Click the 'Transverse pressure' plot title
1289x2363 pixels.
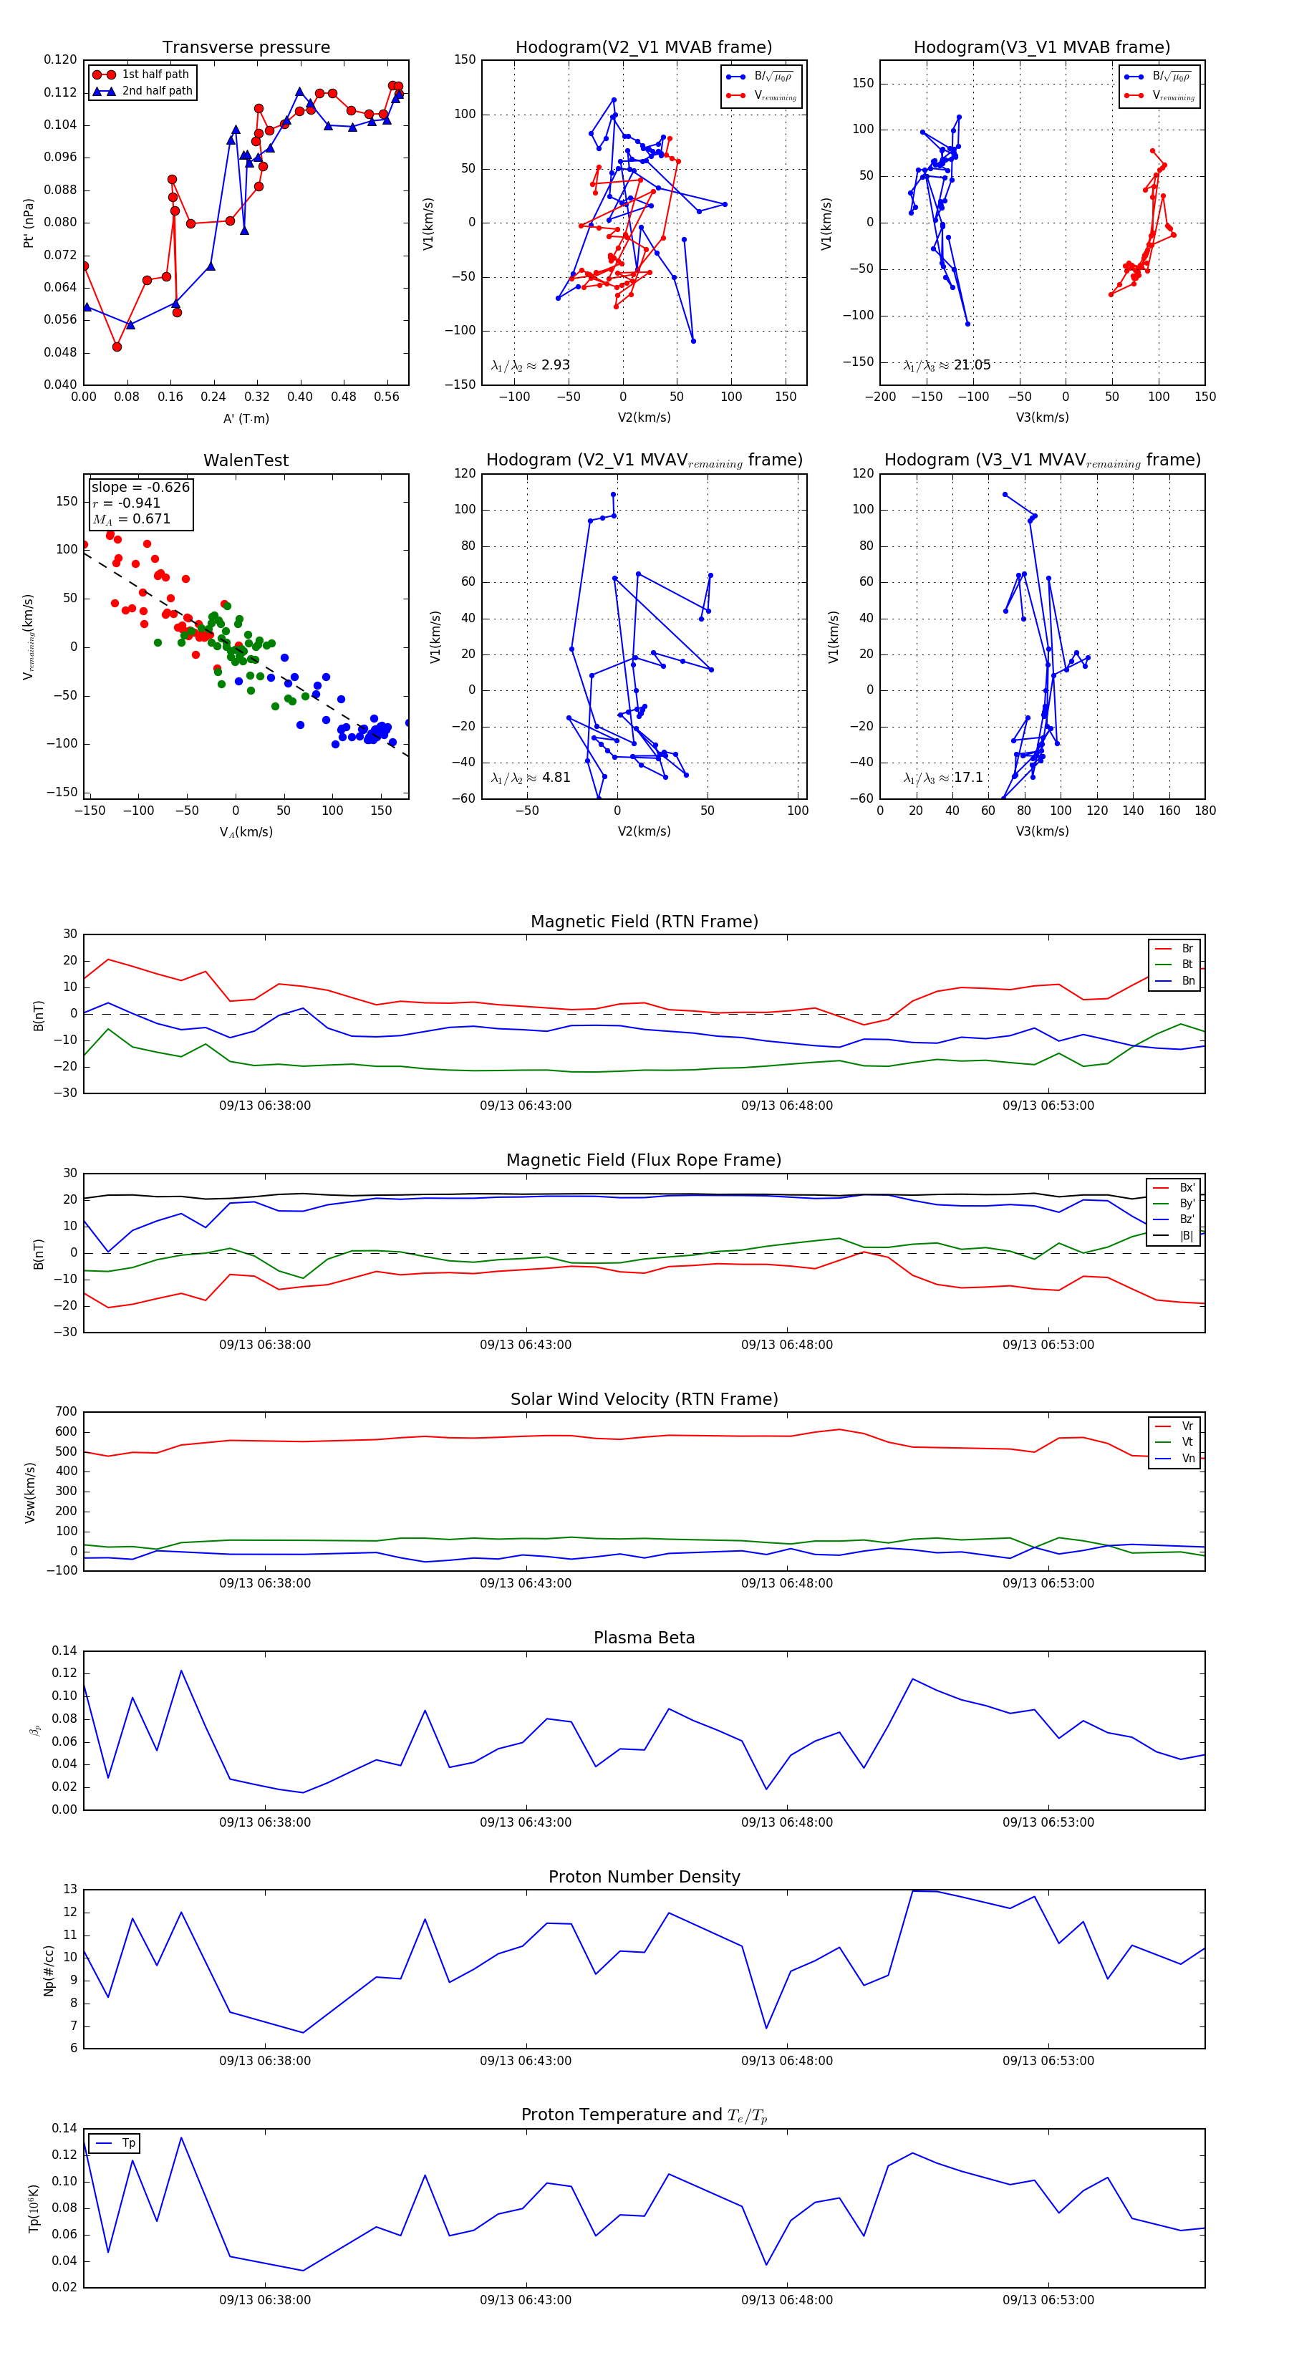point(246,48)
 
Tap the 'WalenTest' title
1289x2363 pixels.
point(246,460)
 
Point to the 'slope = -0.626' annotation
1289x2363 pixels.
point(140,487)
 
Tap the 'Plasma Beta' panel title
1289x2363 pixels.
point(644,1638)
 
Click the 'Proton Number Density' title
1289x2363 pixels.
point(644,1877)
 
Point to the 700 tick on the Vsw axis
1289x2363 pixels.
point(66,1412)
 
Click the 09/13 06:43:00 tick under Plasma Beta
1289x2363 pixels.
point(526,1822)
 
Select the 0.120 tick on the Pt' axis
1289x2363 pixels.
point(61,59)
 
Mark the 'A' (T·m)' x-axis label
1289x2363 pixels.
point(246,418)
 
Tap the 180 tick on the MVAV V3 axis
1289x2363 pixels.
point(1204,810)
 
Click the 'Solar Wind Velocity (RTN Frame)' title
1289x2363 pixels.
point(644,1399)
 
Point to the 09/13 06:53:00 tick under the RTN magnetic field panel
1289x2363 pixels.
point(1048,1106)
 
